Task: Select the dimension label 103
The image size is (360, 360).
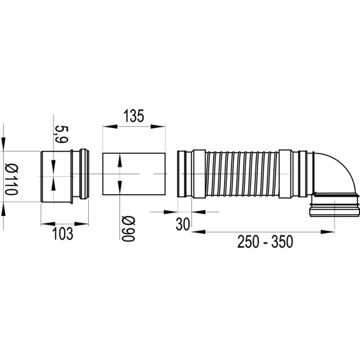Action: (x=63, y=234)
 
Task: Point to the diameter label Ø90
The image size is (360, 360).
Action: (x=129, y=229)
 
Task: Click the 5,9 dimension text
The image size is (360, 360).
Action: (x=61, y=134)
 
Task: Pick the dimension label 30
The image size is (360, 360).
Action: (x=183, y=224)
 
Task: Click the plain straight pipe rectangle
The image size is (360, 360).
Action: (x=134, y=174)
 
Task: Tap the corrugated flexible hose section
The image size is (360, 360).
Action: (x=242, y=174)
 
